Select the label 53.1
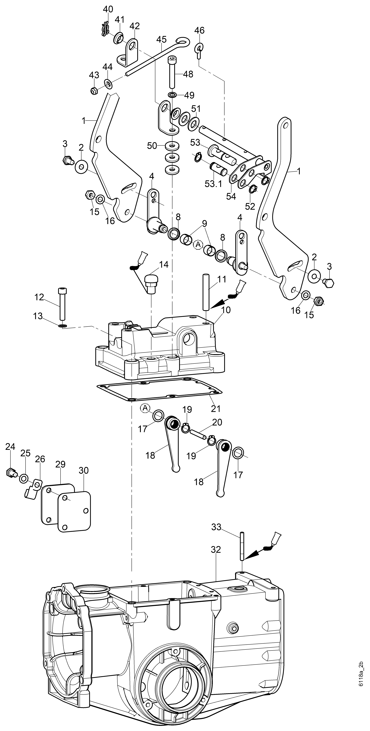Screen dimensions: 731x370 click(x=213, y=184)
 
